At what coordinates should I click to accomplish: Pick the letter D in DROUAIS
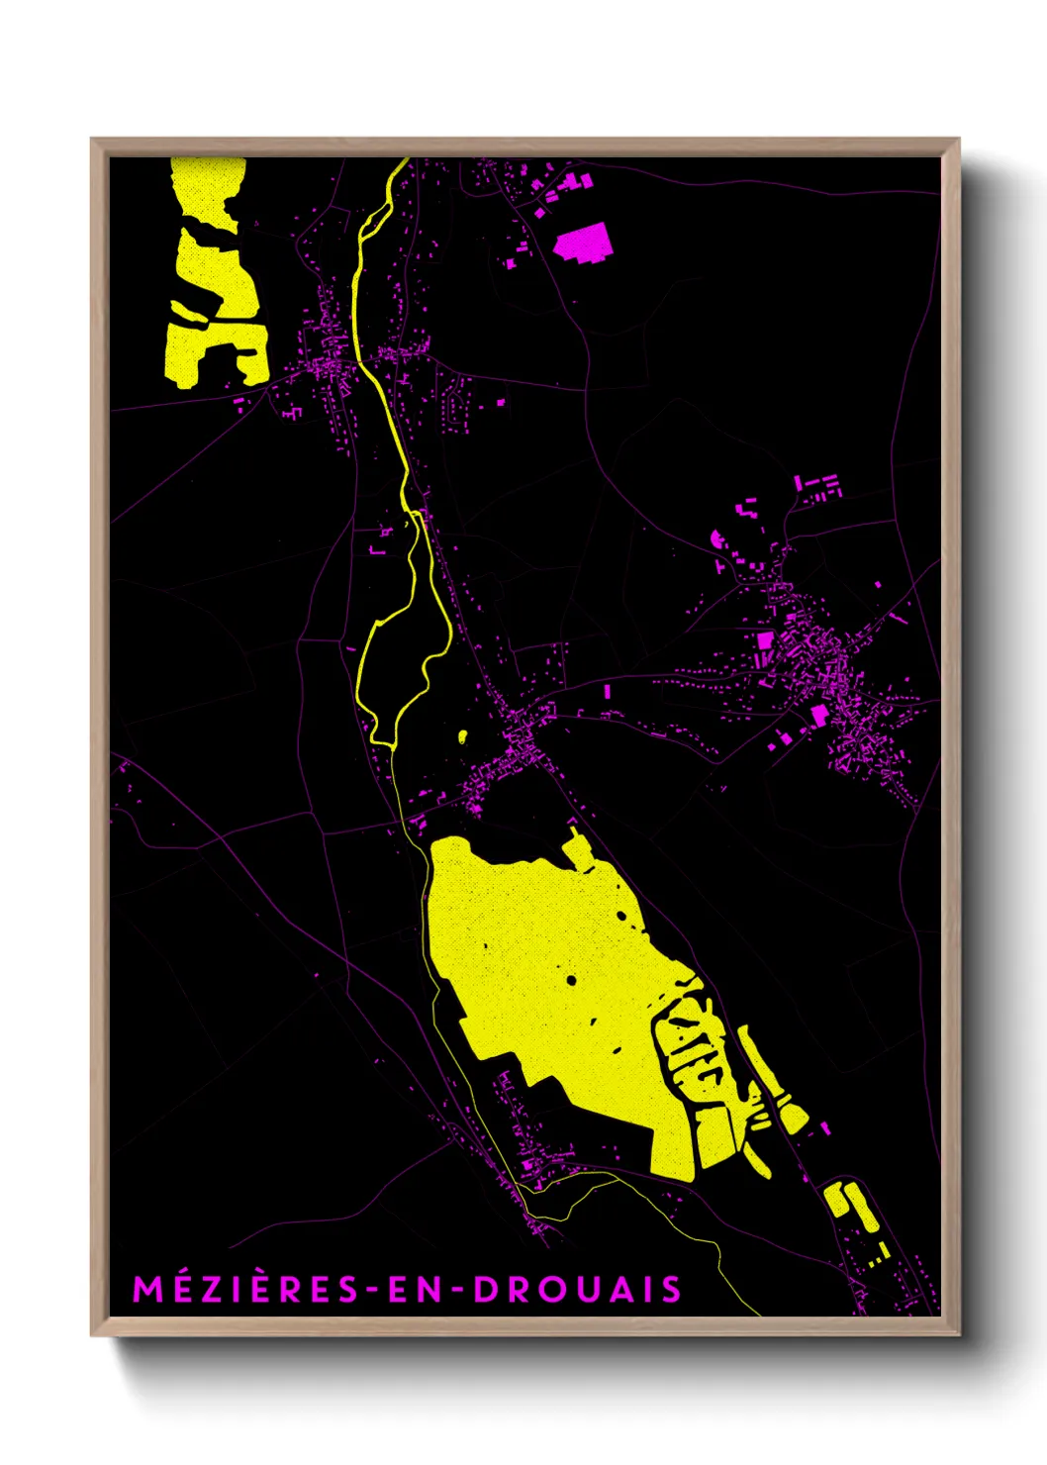(x=486, y=1290)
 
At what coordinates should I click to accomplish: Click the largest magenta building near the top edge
(x=583, y=243)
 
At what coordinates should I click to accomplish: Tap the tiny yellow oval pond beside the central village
(x=462, y=735)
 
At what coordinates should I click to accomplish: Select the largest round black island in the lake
(x=572, y=980)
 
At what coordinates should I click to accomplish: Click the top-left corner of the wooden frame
(x=92, y=140)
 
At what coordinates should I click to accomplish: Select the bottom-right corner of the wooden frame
(x=958, y=1334)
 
